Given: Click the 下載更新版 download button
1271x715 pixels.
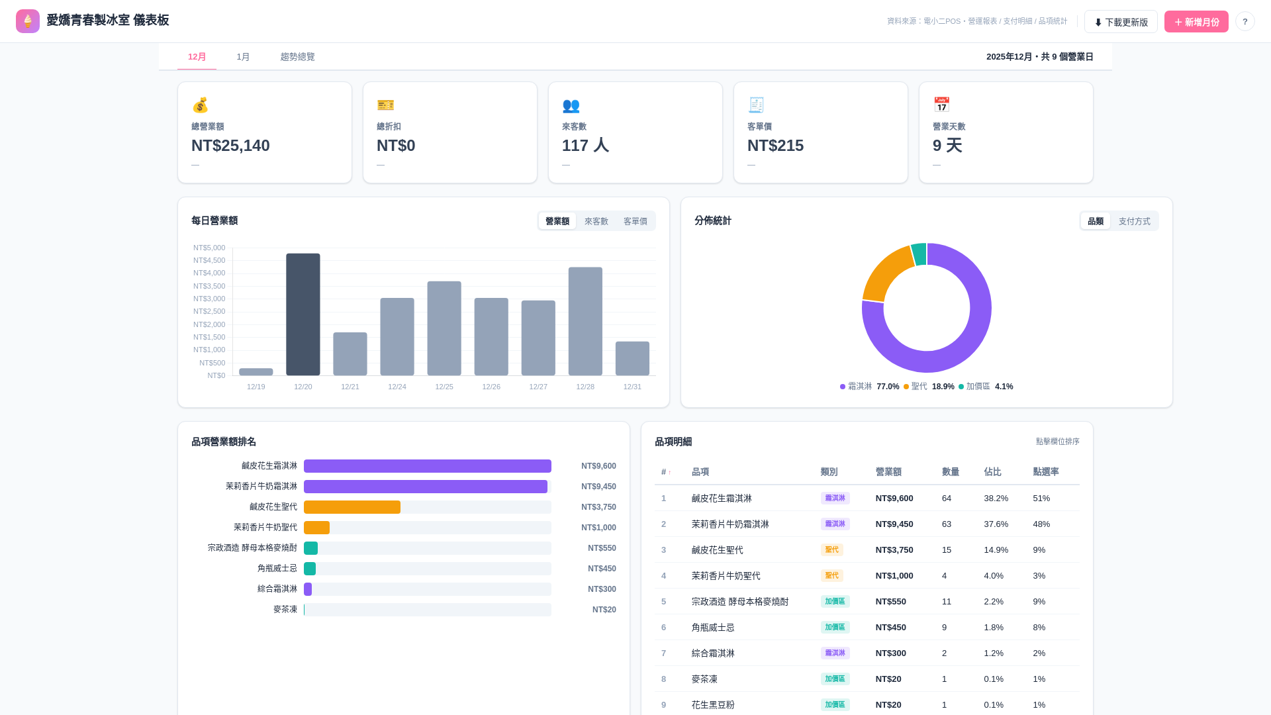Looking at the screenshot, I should (x=1121, y=22).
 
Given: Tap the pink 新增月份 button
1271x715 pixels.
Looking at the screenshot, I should (x=1196, y=22).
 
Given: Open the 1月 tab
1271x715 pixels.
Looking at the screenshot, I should (x=243, y=57).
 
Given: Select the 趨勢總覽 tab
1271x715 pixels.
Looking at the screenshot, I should (x=297, y=57).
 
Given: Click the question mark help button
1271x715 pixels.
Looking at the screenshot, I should (x=1245, y=22).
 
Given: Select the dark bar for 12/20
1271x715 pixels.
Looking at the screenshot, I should (x=303, y=314).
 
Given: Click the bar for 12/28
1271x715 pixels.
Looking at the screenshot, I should (x=585, y=321).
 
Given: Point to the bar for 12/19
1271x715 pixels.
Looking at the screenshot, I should (x=256, y=372).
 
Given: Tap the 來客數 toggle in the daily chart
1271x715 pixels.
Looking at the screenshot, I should (x=596, y=221).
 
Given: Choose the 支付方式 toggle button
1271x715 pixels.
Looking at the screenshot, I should (x=1134, y=221).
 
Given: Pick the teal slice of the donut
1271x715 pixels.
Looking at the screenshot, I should (x=919, y=254).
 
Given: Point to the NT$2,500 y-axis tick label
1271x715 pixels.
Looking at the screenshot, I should (x=209, y=311).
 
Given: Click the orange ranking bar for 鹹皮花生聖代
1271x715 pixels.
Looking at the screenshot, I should (x=352, y=507).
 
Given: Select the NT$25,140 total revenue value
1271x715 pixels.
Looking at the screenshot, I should (x=230, y=146).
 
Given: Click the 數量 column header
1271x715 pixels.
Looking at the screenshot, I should (x=951, y=472).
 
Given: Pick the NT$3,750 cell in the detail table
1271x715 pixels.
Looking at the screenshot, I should (x=894, y=550).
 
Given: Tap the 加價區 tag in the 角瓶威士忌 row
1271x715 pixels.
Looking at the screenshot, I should (x=835, y=627).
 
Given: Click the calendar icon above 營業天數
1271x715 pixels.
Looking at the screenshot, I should (x=941, y=105).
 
